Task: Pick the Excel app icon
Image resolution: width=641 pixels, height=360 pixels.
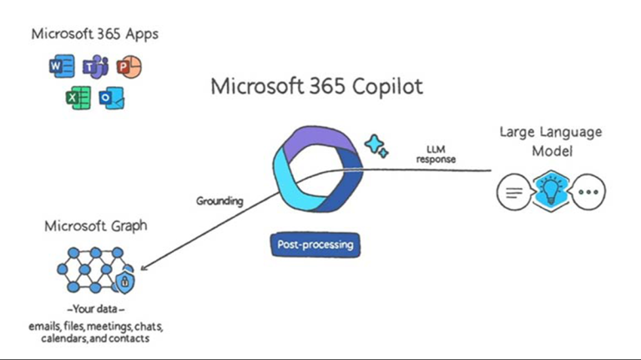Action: [x=78, y=98]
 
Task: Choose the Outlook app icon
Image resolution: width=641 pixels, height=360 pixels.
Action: [x=112, y=98]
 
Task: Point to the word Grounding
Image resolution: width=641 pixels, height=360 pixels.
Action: [x=220, y=201]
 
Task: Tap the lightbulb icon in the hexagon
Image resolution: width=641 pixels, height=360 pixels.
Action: [x=551, y=191]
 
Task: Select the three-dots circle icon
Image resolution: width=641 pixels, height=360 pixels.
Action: [x=589, y=191]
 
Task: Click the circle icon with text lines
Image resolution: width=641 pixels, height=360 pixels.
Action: [x=512, y=192]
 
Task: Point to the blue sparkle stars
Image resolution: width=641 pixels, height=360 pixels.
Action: [x=376, y=146]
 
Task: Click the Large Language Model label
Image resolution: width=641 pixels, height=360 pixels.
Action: [x=550, y=140]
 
